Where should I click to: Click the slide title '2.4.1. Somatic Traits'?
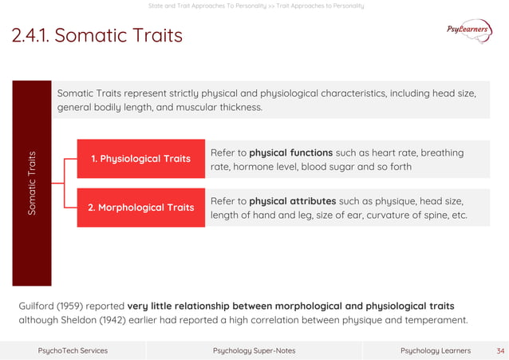tap(97, 36)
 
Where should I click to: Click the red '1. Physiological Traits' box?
tap(140, 159)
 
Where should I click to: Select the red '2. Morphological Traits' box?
tap(140, 208)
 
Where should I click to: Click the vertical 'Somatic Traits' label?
tap(31, 184)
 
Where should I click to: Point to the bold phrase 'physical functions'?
tap(290, 152)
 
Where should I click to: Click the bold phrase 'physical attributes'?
tap(292, 200)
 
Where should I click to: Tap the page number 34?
tap(500, 350)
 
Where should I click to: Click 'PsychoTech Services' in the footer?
tap(73, 350)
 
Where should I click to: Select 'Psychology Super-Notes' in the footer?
tap(254, 350)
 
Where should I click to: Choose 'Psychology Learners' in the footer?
tap(435, 350)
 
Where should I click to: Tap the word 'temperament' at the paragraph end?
tap(438, 321)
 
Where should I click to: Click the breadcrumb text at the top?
tap(256, 6)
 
